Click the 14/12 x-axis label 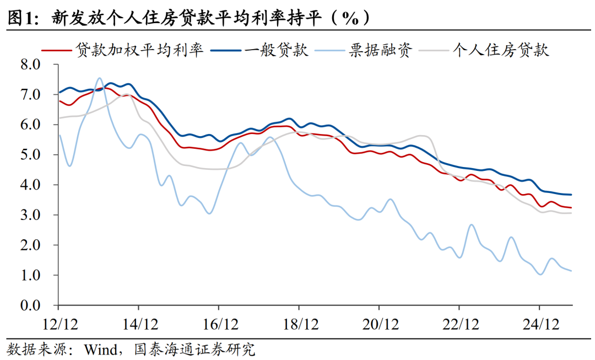138,323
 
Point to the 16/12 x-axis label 219,323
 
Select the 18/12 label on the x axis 299,323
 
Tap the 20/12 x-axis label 379,323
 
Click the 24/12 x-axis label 539,323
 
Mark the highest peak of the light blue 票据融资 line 99,78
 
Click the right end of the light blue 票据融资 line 571,271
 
